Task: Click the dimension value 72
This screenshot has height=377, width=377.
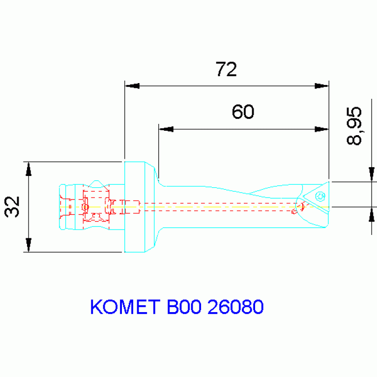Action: point(226,69)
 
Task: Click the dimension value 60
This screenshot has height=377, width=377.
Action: point(243,112)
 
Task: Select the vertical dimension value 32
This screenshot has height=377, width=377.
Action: point(12,206)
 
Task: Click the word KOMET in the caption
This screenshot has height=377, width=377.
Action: point(125,307)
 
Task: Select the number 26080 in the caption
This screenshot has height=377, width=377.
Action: point(235,307)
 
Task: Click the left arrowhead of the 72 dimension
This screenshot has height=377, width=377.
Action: point(132,86)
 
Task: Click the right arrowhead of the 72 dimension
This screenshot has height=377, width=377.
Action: point(321,86)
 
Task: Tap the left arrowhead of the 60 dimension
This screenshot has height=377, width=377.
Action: point(166,129)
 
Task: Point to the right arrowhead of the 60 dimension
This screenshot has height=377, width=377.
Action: point(321,129)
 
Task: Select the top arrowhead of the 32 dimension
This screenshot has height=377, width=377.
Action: point(29,169)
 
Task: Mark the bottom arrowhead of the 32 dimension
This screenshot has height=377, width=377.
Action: point(29,245)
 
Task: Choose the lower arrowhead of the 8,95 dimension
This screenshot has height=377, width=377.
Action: point(372,214)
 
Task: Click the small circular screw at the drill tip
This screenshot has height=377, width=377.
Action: point(320,197)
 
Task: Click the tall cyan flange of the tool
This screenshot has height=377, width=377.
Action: point(134,206)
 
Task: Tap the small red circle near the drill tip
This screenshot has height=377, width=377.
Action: point(294,212)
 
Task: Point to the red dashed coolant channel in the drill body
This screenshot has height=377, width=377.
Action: point(216,207)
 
